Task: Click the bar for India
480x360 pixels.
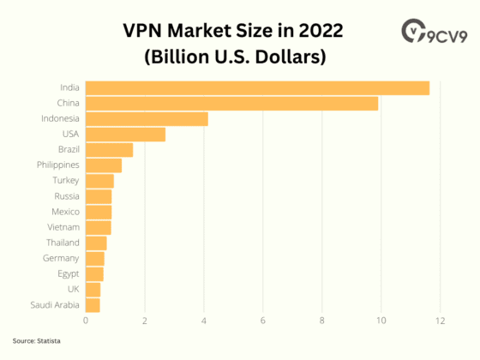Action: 257,87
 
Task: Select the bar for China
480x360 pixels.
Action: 231,103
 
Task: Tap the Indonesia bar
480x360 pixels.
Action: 147,118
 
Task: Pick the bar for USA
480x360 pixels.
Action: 125,134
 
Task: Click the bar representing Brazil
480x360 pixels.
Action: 109,149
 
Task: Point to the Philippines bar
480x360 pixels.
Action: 104,165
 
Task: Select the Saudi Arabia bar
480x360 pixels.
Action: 93,304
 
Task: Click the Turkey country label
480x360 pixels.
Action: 66,180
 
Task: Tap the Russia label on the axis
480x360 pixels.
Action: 66,195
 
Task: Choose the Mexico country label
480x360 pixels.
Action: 65,211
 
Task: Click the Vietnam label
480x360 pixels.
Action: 63,227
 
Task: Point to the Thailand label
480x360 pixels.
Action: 63,243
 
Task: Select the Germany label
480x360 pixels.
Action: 61,258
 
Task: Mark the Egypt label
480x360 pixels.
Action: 68,273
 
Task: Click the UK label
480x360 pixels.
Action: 73,289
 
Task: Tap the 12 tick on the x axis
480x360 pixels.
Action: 441,321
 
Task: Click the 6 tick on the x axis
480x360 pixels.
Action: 263,321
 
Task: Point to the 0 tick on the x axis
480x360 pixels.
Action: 86,321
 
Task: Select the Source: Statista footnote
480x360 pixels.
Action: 37,340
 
